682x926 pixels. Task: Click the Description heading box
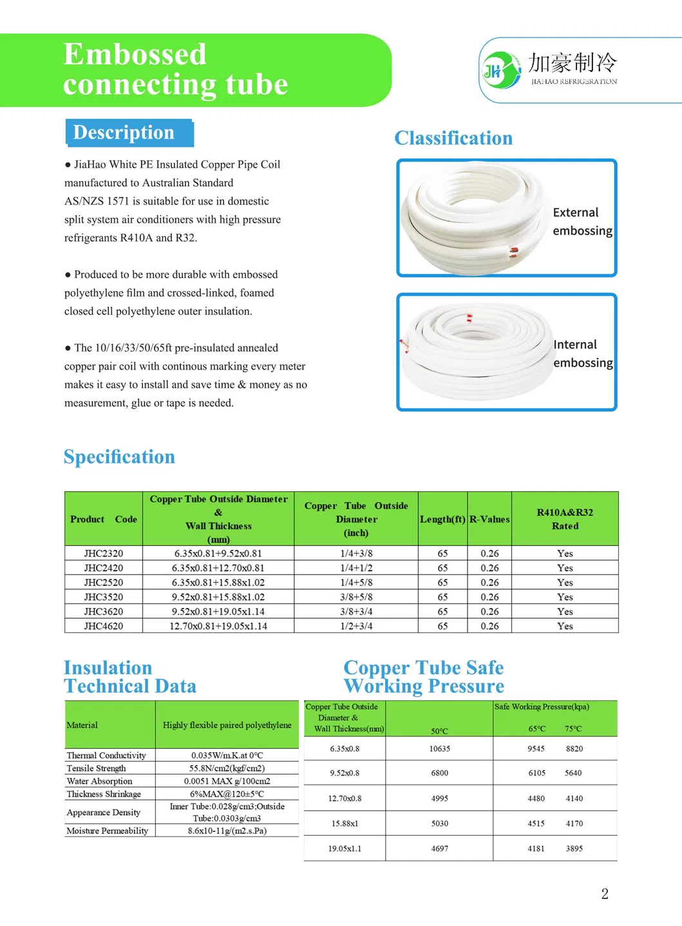pos(129,133)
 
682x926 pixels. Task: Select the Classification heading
pos(453,138)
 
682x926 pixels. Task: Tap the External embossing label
pos(582,222)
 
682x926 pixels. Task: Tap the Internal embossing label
pos(582,354)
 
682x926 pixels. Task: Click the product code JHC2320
pos(103,553)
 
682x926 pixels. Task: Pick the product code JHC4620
pos(103,626)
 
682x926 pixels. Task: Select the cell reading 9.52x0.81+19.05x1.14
pos(218,611)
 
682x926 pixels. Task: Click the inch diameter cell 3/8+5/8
pos(356,597)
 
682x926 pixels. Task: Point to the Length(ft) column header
pos(442,519)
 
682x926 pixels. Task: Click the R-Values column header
pos(489,519)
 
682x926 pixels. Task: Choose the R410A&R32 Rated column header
pos(565,519)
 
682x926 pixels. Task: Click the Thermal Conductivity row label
pos(106,755)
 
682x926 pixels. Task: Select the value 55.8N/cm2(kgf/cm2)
pos(227,768)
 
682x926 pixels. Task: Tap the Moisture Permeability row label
pos(107,831)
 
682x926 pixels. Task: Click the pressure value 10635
pos(440,749)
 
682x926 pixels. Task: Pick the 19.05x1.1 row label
pos(345,849)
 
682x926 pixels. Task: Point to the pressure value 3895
pos(574,849)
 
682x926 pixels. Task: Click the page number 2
pos(605,894)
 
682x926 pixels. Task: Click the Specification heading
pos(119,457)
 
